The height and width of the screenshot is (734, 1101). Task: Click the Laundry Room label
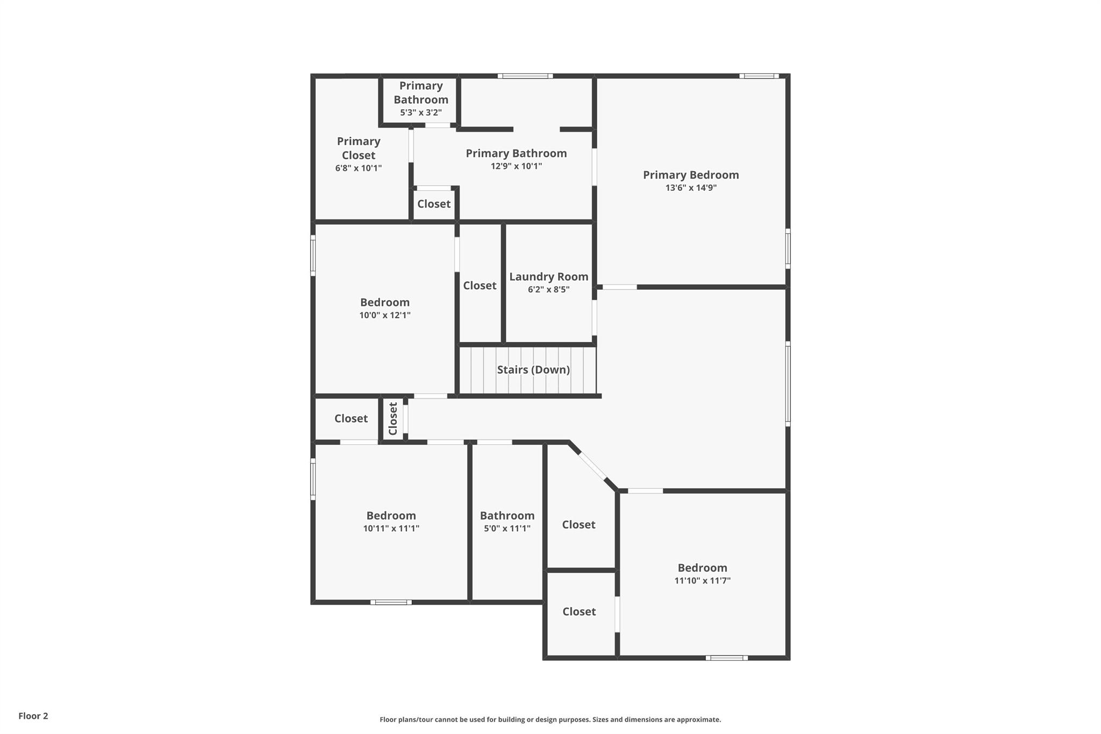(x=548, y=276)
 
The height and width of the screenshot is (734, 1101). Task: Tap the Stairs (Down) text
(x=533, y=370)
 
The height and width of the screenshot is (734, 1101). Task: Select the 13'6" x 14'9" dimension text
(x=691, y=188)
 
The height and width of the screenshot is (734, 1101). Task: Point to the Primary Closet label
(x=359, y=148)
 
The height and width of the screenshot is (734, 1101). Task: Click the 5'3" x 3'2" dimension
(x=421, y=112)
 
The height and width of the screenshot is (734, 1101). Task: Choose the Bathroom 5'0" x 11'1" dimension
(x=507, y=529)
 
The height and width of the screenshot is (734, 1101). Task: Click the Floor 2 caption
(x=33, y=716)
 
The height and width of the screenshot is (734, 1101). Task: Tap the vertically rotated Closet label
(x=393, y=419)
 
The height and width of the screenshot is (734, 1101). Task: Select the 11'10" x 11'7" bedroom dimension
(x=702, y=581)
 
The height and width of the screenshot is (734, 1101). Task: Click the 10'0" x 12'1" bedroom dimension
(x=385, y=315)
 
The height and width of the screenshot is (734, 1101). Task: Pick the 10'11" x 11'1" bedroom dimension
(x=391, y=529)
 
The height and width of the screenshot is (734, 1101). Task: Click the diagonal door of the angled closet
(x=592, y=466)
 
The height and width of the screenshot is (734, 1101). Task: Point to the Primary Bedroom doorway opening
(x=619, y=287)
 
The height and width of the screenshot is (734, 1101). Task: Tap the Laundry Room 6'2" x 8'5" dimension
(x=548, y=289)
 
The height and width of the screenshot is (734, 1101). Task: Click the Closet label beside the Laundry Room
(x=480, y=286)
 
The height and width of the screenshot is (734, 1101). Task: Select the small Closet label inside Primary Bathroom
(x=434, y=204)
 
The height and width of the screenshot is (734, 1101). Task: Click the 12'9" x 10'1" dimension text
(x=516, y=166)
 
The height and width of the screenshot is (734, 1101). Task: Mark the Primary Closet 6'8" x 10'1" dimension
(x=359, y=168)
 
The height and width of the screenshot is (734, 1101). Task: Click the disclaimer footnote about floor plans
(x=550, y=719)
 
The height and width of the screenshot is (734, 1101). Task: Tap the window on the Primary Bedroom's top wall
(x=759, y=76)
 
